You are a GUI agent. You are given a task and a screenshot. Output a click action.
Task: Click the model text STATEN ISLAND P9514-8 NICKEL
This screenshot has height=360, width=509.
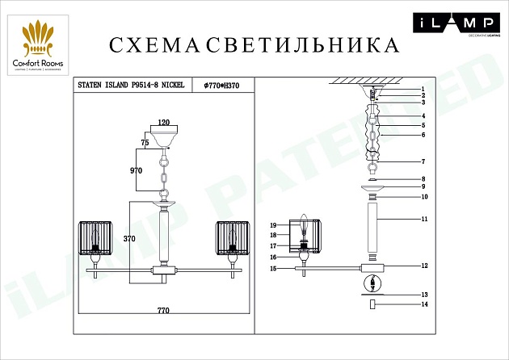pos(130,84)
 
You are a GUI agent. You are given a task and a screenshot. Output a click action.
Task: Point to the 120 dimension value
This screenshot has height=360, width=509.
pos(165,122)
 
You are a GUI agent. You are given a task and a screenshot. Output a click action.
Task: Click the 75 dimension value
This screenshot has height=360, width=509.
pos(145,142)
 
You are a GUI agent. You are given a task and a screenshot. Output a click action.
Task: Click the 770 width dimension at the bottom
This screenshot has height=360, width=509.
pos(164,308)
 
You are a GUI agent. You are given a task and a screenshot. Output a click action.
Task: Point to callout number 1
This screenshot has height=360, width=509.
pos(422,89)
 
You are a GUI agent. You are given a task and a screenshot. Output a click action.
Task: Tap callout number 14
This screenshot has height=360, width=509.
pos(423,304)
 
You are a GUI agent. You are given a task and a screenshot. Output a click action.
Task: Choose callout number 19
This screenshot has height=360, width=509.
pos(274,225)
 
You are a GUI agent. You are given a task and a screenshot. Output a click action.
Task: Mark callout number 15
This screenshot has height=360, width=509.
pos(274,268)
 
